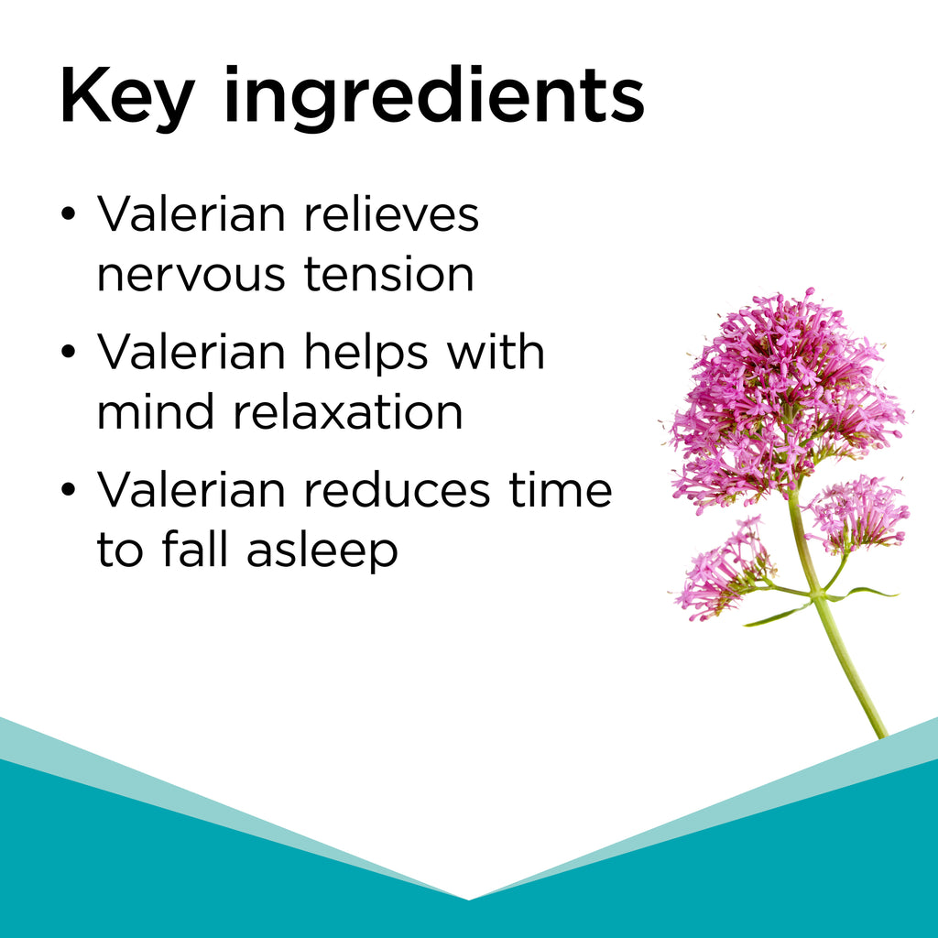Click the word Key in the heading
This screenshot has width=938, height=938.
coord(127,98)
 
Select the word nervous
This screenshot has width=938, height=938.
coord(191,275)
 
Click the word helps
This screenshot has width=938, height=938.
coord(365,354)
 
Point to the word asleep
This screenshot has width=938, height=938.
coord(322,551)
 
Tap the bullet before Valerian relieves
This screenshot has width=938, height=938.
coord(69,214)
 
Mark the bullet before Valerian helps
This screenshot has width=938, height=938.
coord(69,352)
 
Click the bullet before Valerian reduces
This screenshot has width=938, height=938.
coord(69,489)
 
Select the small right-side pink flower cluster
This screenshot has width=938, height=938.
coord(858,515)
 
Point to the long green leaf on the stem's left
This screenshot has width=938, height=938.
coord(778,616)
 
